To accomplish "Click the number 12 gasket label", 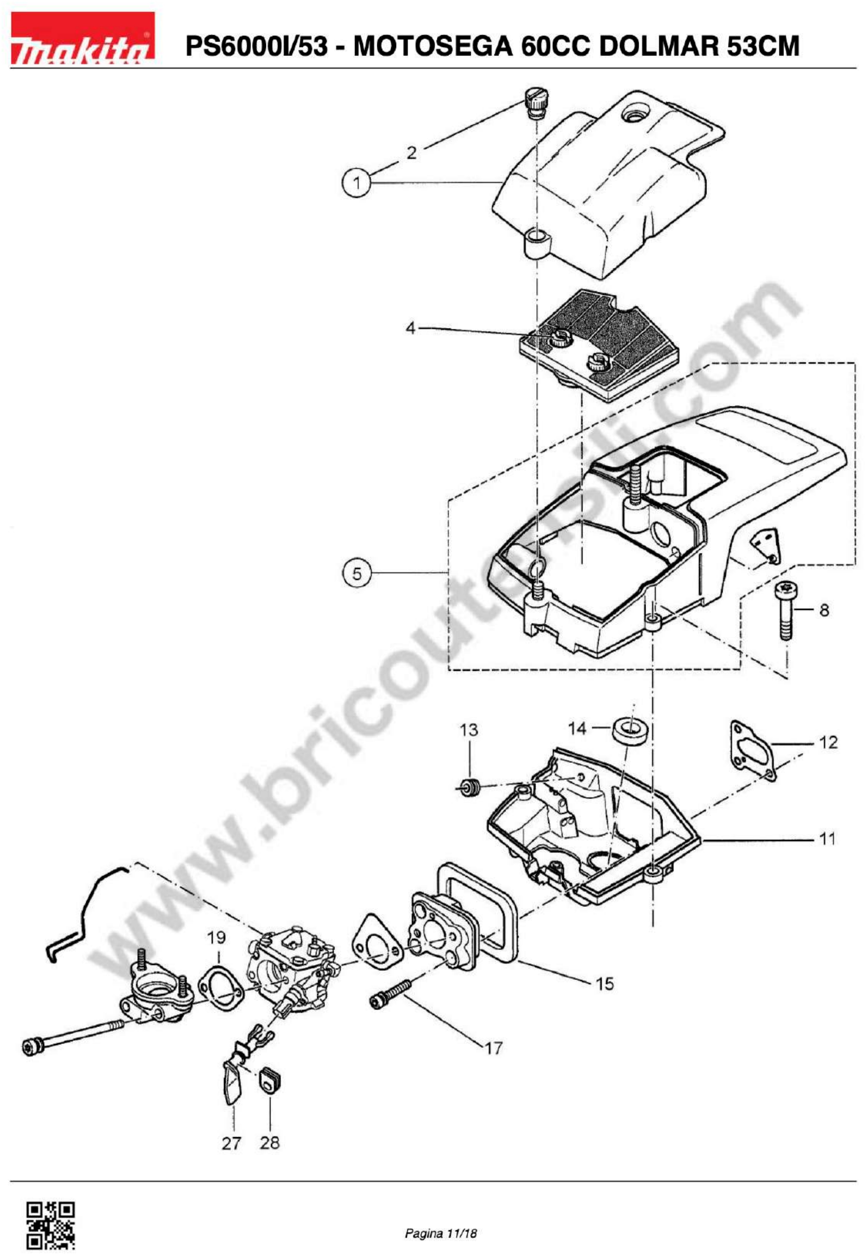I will pyautogui.click(x=828, y=742).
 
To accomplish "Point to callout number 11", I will pyautogui.click(x=827, y=839).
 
